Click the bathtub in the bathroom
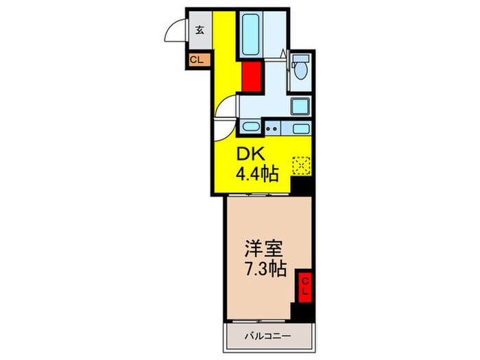(x=250, y=34)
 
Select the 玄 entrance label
(x=199, y=29)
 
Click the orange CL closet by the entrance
(x=197, y=60)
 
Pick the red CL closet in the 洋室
(x=304, y=285)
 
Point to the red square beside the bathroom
(x=252, y=75)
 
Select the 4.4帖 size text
(x=256, y=175)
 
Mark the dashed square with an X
(x=301, y=165)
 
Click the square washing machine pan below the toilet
(x=300, y=106)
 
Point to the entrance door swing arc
(x=175, y=33)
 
